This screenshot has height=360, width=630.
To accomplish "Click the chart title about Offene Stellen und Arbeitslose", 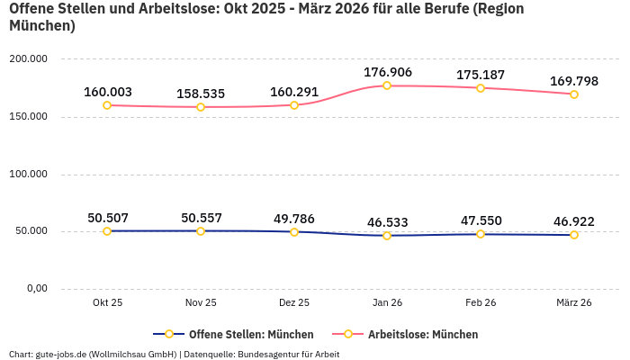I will pos(266,17).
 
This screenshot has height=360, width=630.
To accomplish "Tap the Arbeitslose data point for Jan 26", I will pos(387,85).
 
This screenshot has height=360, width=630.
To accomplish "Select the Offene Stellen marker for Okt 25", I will pos(107,231).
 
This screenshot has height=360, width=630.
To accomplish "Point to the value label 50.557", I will pos(201,218).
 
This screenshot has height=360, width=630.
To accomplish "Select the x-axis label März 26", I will pos(573,303).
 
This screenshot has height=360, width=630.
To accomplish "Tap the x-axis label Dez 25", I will pos(294,303).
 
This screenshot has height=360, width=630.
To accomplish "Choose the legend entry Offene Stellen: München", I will pos(232,334).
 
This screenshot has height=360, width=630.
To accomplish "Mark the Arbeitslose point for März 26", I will pos(574,94).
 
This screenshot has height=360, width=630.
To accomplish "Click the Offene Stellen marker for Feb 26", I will pos(481,234).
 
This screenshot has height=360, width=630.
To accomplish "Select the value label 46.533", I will pos(387,222).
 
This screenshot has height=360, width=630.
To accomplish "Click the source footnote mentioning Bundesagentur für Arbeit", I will pos(174,354).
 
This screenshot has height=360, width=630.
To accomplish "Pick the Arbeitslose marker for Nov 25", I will pos(201,107).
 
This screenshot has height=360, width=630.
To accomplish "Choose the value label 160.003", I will pos(107,92).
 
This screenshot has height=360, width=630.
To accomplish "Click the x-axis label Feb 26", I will pos(481,303).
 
